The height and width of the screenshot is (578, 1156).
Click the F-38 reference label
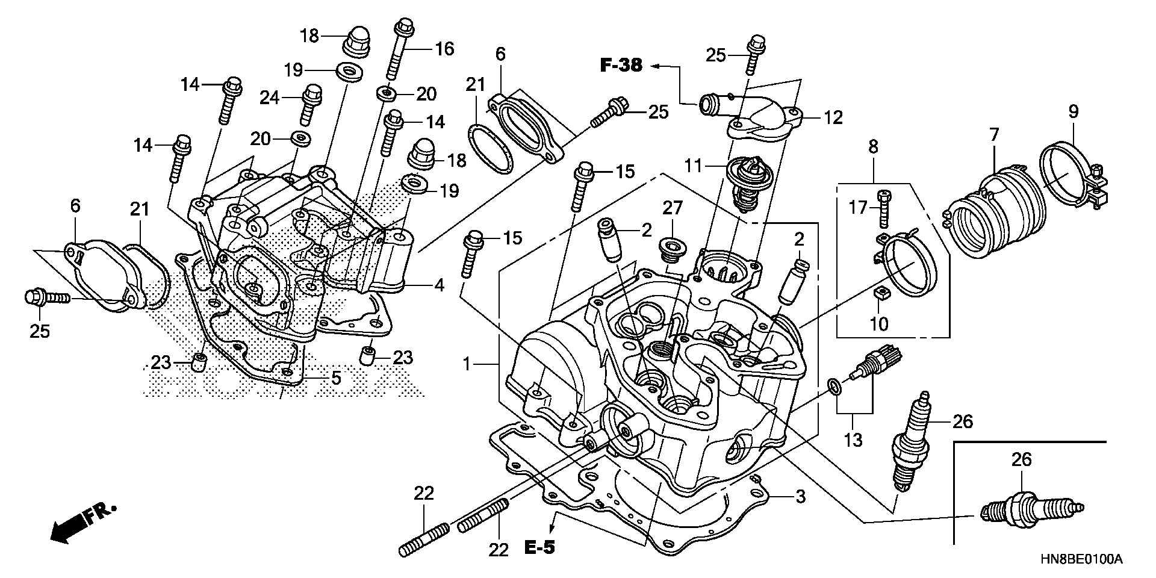pos(621,66)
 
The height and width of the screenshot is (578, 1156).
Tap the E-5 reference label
pos(539,547)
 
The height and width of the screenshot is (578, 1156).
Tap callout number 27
pos(673,208)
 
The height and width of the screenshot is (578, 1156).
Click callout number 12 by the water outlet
pos(833,117)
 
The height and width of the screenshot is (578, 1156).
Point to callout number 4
pos(440,285)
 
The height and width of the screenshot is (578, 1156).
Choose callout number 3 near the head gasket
pos(800,497)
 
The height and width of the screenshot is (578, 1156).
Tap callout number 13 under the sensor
pos(853,440)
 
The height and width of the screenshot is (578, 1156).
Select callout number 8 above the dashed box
pos(873,146)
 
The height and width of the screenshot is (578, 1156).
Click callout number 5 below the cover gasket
pos(335,378)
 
